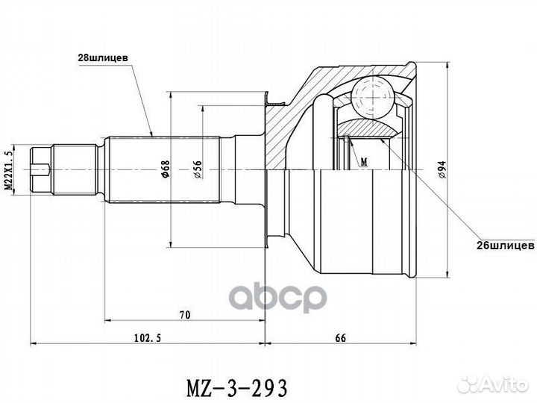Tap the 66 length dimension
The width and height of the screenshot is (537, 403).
coord(340,337)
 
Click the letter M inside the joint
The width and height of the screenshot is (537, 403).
coord(363,161)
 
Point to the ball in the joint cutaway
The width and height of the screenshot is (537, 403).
coord(372,96)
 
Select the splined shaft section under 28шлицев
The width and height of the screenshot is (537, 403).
coord(164,171)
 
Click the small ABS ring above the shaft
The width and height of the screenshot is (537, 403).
coord(276,98)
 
